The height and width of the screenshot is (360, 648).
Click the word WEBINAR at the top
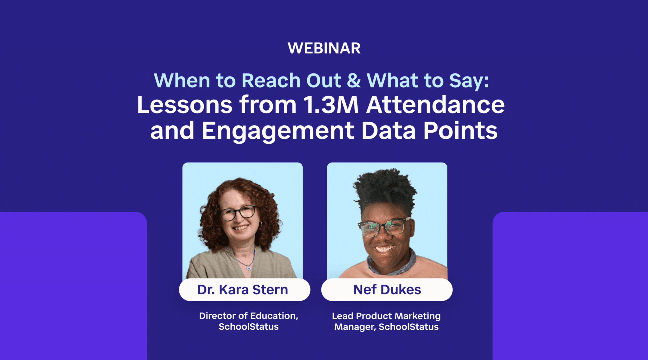click(x=324, y=48)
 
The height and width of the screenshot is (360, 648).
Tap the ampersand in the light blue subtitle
click(x=353, y=81)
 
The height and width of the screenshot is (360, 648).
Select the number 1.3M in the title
click(x=331, y=105)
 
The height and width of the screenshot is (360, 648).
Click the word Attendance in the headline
click(x=435, y=105)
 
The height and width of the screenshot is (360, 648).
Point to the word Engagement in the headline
click(x=278, y=131)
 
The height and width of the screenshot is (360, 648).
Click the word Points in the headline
click(x=460, y=131)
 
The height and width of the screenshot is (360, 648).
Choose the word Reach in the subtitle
click(x=271, y=81)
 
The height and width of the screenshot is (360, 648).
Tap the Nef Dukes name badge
click(x=387, y=290)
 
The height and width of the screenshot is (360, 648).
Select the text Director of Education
click(x=248, y=316)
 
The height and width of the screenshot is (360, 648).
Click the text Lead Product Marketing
click(x=386, y=316)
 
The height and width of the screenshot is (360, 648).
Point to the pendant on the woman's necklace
click(x=249, y=268)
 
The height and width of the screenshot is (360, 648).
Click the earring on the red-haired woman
click(x=260, y=224)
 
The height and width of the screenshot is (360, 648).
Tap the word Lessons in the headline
click(x=184, y=105)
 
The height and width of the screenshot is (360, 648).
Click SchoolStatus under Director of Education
click(x=248, y=327)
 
